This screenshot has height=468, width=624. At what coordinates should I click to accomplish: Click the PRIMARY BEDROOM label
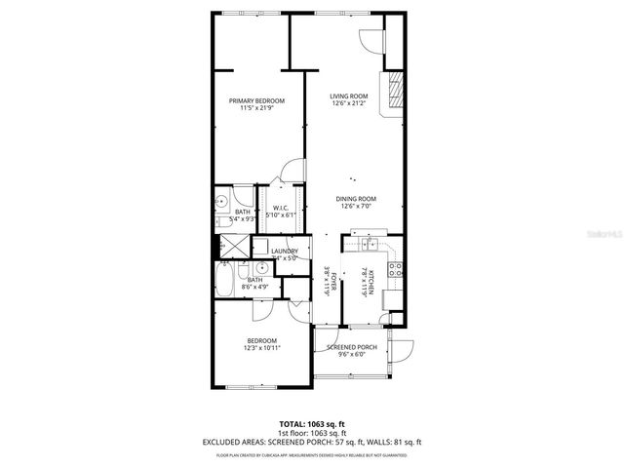(x=256, y=100)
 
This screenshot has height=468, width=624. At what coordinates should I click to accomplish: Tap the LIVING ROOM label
(x=352, y=96)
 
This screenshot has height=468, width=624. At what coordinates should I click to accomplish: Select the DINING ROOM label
(x=359, y=199)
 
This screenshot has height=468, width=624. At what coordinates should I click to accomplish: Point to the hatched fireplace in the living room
(x=394, y=94)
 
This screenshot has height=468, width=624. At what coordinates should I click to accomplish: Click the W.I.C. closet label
(x=280, y=208)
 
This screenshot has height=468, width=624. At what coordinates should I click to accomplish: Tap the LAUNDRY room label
(x=285, y=252)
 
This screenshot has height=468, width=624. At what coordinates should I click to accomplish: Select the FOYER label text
(x=331, y=283)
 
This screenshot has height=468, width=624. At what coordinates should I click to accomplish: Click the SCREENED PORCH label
(x=352, y=347)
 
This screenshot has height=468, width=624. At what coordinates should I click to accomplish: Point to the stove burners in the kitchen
(x=395, y=267)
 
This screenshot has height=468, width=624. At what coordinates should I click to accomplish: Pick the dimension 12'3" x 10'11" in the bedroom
(x=262, y=348)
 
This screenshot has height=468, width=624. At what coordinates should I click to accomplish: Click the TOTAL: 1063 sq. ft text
(x=312, y=425)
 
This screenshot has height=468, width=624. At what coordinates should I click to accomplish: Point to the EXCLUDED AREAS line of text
(x=312, y=442)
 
